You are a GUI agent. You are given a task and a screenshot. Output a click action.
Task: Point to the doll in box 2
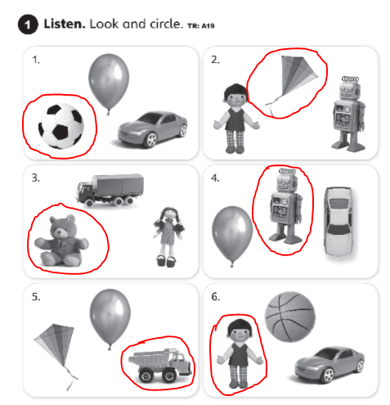coord(236,116)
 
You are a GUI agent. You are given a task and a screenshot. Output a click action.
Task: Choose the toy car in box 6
coord(328,362)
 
